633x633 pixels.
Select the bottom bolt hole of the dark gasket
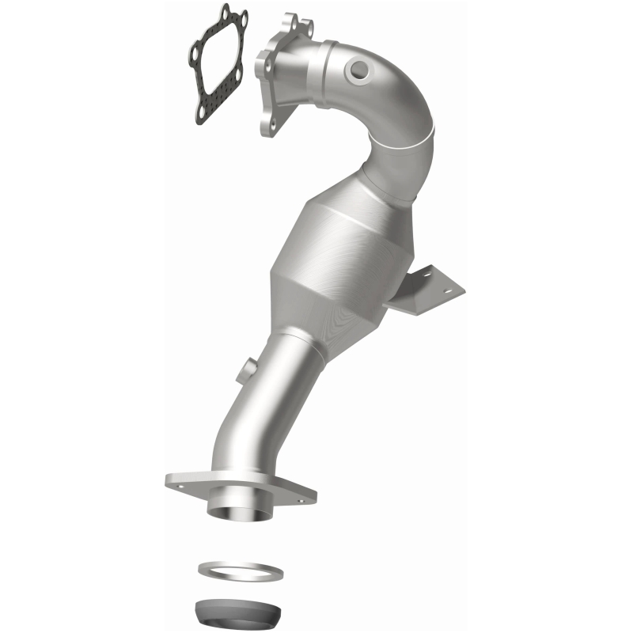(203, 119)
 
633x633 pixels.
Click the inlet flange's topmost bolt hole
(292, 17)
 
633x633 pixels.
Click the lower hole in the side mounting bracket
(452, 295)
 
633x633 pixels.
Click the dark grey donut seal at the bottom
(237, 609)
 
